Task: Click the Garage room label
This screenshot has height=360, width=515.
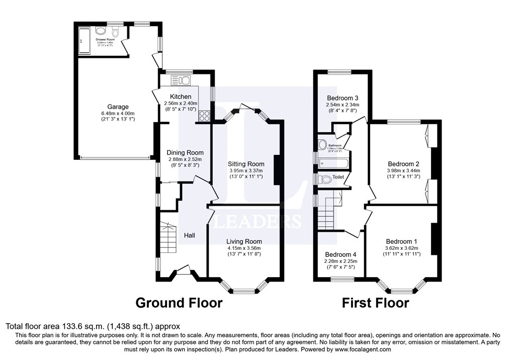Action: (118, 107)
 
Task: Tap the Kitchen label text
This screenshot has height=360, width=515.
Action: (180, 97)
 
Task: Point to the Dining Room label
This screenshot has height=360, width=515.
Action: (186, 153)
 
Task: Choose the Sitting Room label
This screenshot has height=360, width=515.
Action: (245, 164)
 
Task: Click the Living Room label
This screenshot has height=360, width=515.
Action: (244, 241)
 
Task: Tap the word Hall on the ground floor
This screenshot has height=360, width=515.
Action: (190, 235)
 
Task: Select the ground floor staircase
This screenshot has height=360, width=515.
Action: (167, 239)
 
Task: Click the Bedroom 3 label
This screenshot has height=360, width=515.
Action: (342, 98)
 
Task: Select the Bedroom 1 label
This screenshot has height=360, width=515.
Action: (401, 241)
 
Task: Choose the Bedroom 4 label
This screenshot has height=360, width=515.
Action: (340, 254)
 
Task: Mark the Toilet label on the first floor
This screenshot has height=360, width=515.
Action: (338, 177)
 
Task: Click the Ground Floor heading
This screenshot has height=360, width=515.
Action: (179, 303)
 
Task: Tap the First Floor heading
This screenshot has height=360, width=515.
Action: (375, 303)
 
